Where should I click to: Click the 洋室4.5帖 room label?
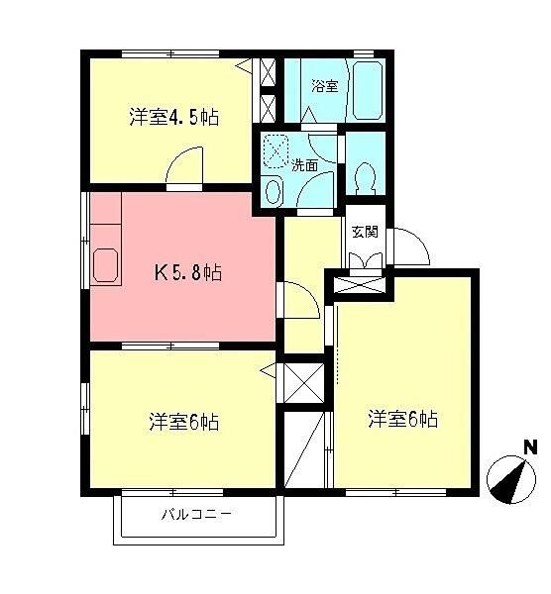point(174,117)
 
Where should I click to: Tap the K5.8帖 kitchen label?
point(187,272)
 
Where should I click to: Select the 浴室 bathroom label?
point(325,85)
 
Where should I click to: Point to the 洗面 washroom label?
point(304,165)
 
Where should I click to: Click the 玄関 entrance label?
point(365,232)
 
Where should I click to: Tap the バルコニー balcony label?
point(196,515)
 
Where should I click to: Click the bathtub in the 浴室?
point(367,90)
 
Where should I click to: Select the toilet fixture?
point(365,178)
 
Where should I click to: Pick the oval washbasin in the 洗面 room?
point(274,192)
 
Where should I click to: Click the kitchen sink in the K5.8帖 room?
point(105,265)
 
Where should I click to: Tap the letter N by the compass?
point(530,447)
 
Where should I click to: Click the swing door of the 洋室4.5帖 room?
point(184,166)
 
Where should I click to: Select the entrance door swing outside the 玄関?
point(411,247)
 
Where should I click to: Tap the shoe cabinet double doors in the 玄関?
point(366,260)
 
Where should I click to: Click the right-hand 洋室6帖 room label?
point(402,419)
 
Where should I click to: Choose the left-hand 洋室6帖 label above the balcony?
point(184,422)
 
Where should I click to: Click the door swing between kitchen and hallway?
point(301,299)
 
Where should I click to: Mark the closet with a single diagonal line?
point(304,450)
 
